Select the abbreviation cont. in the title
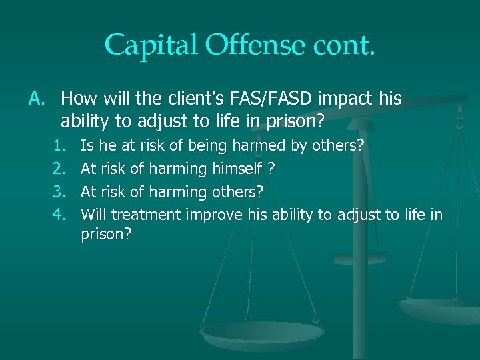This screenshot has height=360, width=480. click(343, 45)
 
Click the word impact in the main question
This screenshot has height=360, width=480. click(350, 99)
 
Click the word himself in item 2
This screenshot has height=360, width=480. click(236, 169)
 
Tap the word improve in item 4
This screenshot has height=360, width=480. click(215, 215)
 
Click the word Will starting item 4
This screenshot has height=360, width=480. click(93, 215)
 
